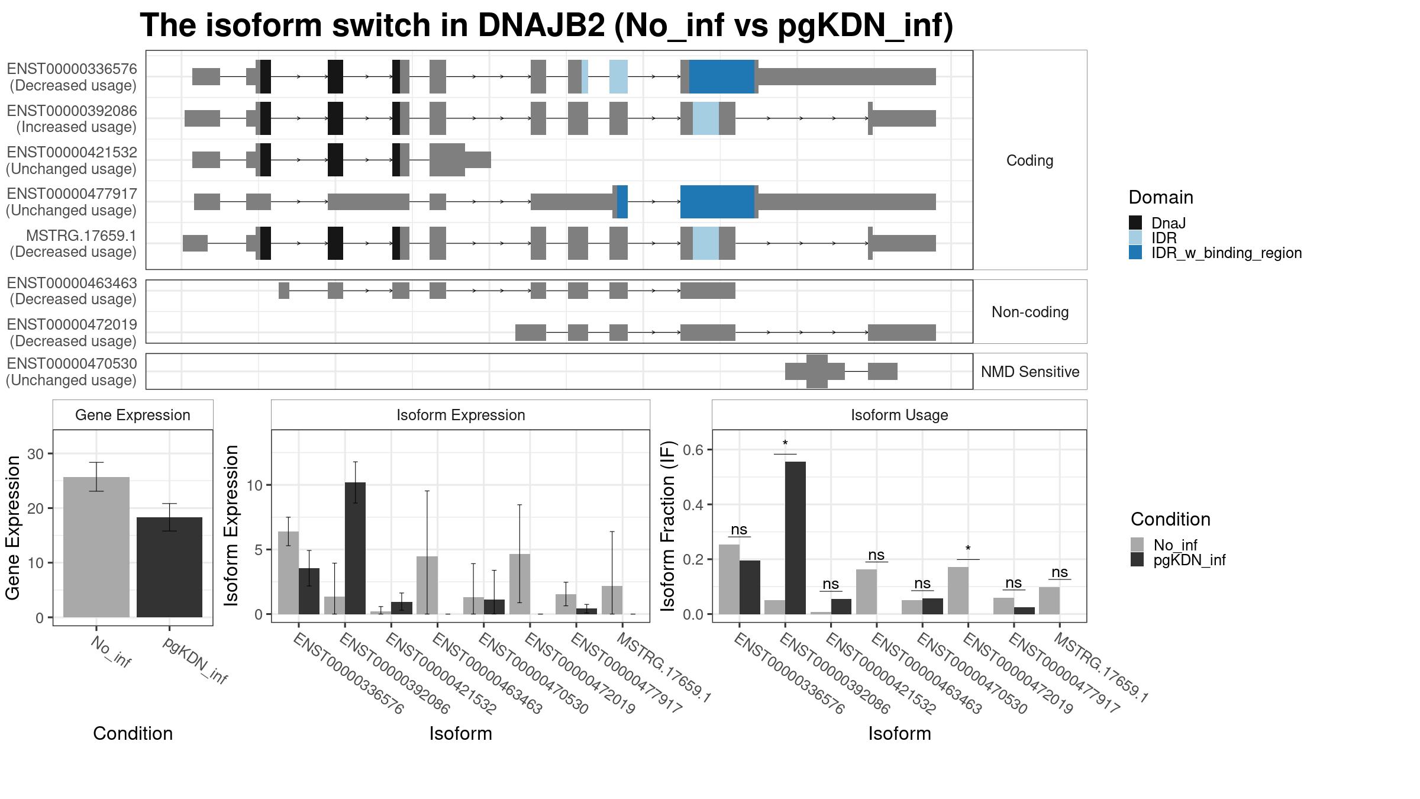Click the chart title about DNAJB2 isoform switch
(x=547, y=25)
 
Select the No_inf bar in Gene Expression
(x=96, y=547)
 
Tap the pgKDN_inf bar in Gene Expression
(x=169, y=567)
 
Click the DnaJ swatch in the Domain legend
(x=1135, y=223)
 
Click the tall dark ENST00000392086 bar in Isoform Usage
(x=795, y=538)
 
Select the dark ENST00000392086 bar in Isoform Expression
(x=355, y=548)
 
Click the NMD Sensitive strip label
(x=1030, y=372)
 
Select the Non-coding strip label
(x=1030, y=312)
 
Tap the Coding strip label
(x=1030, y=160)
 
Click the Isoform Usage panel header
(x=899, y=415)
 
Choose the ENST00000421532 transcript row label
(x=72, y=160)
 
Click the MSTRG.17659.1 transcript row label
(x=73, y=244)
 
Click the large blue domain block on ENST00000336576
(x=722, y=76)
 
